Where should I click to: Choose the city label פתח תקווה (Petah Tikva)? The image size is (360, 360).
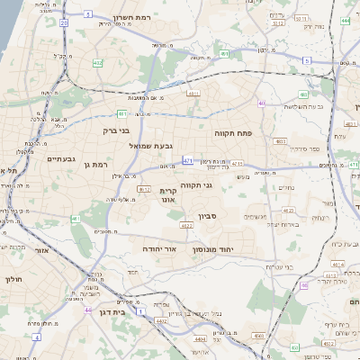pyautogui.click(x=232, y=132)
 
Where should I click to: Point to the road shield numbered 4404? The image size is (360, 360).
pyautogui.click(x=200, y=339)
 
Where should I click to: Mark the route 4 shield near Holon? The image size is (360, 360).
pyautogui.click(x=37, y=336)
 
